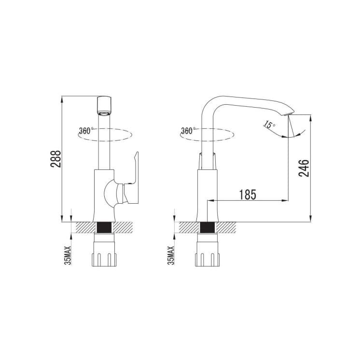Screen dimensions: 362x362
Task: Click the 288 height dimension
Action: pyautogui.click(x=56, y=159)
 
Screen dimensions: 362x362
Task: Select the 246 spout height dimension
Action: pyautogui.click(x=304, y=168)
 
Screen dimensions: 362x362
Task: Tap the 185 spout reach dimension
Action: pyautogui.click(x=248, y=195)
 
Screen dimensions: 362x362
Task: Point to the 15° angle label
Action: pyautogui.click(x=269, y=125)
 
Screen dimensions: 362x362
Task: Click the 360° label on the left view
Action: pyautogui.click(x=86, y=131)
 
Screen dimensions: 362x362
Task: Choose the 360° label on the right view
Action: pyautogui.click(x=188, y=131)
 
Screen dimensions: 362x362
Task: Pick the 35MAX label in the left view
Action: pyautogui.click(x=68, y=255)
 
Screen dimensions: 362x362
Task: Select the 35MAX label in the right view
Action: pyautogui.click(x=171, y=255)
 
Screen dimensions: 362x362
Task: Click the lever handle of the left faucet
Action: pyautogui.click(x=132, y=179)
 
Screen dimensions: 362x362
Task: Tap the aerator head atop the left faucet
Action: pyautogui.click(x=105, y=106)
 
